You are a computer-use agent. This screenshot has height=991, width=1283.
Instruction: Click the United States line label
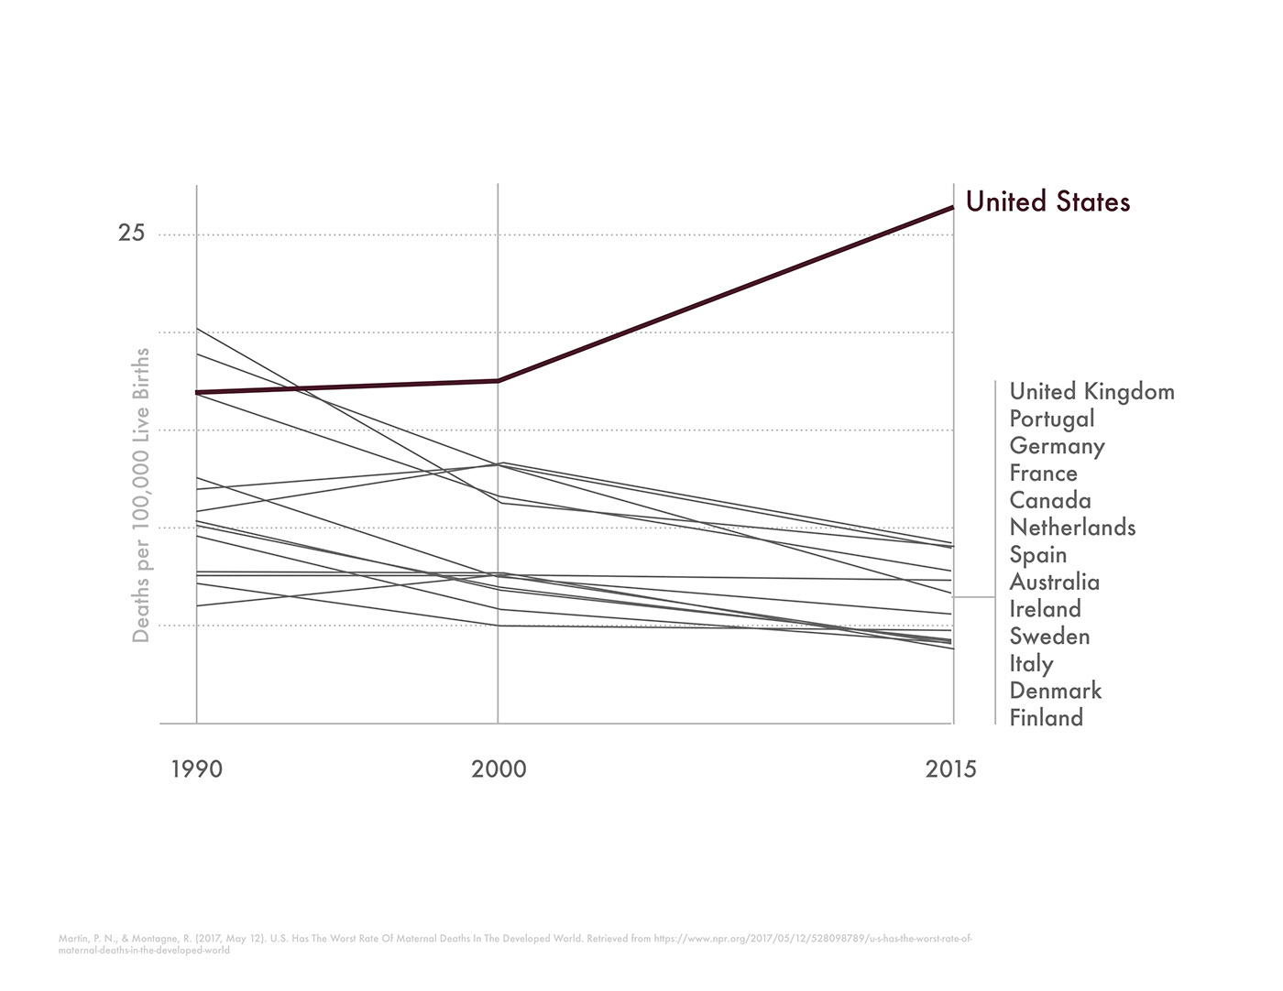pyautogui.click(x=1047, y=201)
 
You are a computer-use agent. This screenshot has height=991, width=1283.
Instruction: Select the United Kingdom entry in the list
pyautogui.click(x=1091, y=392)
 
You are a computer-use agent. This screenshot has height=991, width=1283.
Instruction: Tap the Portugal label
pyautogui.click(x=1052, y=419)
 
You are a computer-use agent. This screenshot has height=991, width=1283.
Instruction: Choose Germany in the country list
pyautogui.click(x=1057, y=446)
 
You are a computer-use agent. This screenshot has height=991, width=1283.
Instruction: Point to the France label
pyautogui.click(x=1043, y=474)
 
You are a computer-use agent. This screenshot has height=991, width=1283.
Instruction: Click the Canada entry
pyautogui.click(x=1050, y=500)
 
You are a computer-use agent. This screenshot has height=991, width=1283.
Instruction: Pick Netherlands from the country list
pyautogui.click(x=1072, y=528)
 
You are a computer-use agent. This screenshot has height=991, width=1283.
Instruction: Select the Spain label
pyautogui.click(x=1038, y=555)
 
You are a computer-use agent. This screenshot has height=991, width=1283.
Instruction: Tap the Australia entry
pyautogui.click(x=1054, y=583)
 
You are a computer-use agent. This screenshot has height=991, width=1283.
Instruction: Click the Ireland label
pyautogui.click(x=1045, y=609)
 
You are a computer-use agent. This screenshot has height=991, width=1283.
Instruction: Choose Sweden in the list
pyautogui.click(x=1049, y=637)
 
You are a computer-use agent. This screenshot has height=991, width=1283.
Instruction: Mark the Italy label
pyautogui.click(x=1031, y=664)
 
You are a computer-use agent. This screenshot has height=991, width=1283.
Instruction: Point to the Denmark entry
pyautogui.click(x=1055, y=691)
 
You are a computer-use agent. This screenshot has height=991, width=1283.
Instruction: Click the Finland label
pyautogui.click(x=1046, y=718)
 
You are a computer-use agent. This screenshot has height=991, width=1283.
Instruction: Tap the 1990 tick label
pyautogui.click(x=196, y=769)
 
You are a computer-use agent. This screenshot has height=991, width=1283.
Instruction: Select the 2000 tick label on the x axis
pyautogui.click(x=499, y=769)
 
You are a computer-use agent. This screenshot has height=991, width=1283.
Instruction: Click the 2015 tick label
pyautogui.click(x=951, y=769)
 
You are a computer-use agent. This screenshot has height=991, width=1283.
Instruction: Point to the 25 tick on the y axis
pyautogui.click(x=131, y=234)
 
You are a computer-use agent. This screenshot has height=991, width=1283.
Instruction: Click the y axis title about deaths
pyautogui.click(x=141, y=495)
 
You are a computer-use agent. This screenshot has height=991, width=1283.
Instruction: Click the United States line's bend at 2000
pyautogui.click(x=498, y=380)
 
